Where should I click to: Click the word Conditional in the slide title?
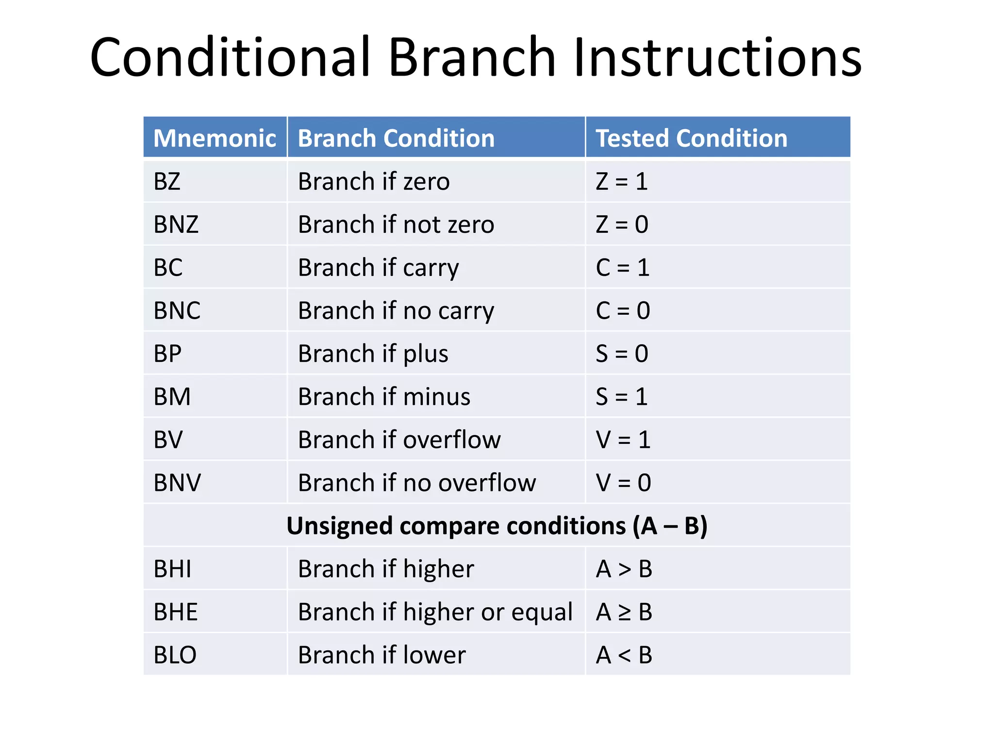pyautogui.click(x=230, y=57)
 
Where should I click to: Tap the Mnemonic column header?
pyautogui.click(x=215, y=138)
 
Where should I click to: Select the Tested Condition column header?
pyautogui.click(x=691, y=138)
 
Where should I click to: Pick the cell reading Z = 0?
pyautogui.click(x=622, y=225)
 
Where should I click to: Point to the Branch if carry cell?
pyautogui.click(x=378, y=268)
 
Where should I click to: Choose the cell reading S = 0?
pyautogui.click(x=622, y=354)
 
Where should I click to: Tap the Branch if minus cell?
pyautogui.click(x=384, y=397)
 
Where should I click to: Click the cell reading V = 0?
pyautogui.click(x=623, y=483)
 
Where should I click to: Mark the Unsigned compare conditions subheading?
pyautogui.click(x=497, y=526)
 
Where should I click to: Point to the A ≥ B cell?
pyautogui.click(x=624, y=612)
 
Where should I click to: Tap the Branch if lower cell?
pyautogui.click(x=381, y=655)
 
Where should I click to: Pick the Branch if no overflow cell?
pyautogui.click(x=416, y=483)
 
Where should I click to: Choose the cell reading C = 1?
pyautogui.click(x=622, y=268)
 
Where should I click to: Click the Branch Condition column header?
pyautogui.click(x=396, y=138)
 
